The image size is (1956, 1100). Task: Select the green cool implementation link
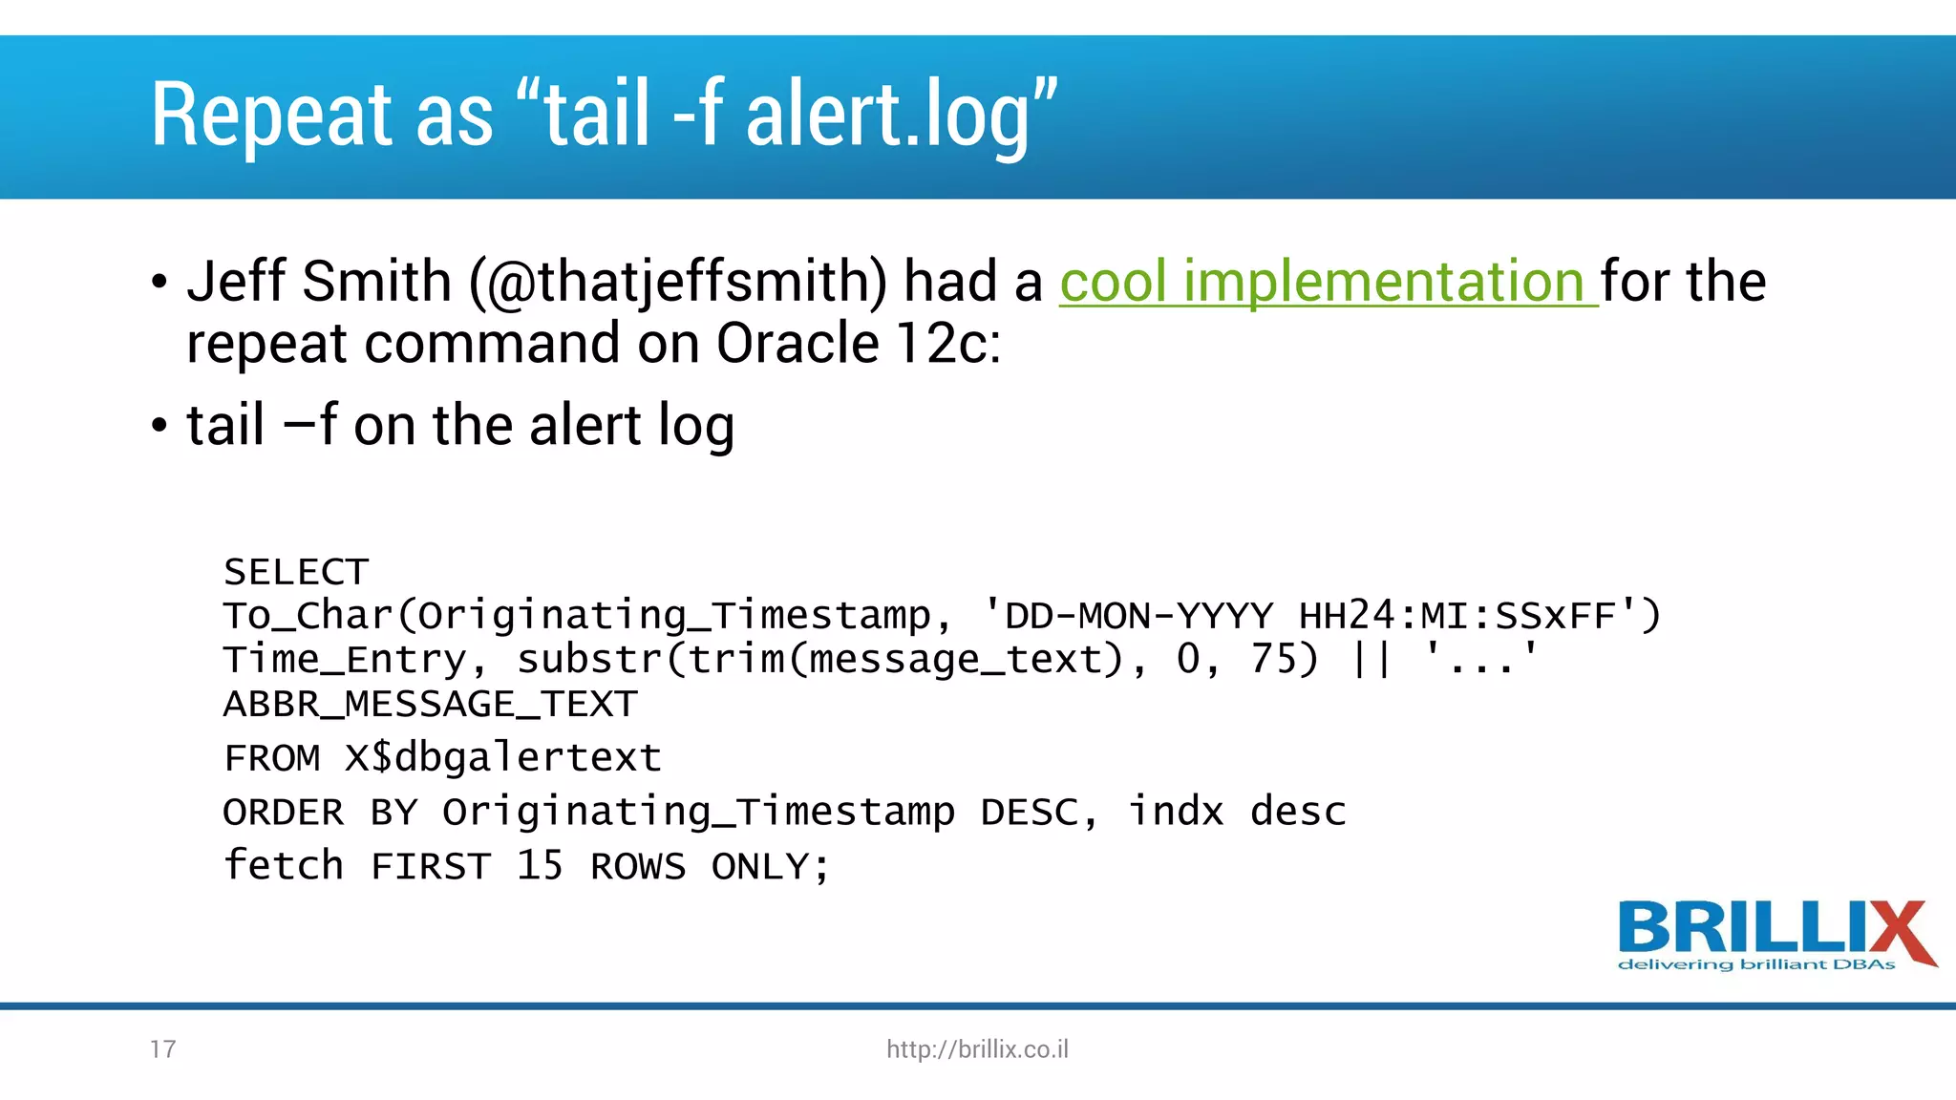tap(1328, 282)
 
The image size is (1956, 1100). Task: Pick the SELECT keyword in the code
tap(296, 572)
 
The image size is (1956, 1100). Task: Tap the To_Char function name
tap(308, 616)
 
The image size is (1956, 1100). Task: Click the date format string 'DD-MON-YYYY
tap(1127, 616)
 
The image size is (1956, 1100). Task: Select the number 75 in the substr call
tap(1272, 659)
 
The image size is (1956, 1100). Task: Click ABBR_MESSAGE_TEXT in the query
tap(430, 705)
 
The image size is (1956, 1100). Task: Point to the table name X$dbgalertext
tap(502, 758)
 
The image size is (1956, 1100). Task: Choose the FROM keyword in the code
tap(272, 758)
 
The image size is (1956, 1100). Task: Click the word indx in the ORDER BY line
tap(1176, 812)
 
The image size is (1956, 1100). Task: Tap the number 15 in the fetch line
tap(540, 865)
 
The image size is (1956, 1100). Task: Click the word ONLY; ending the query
tap(770, 867)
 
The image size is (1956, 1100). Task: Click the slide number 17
tap(162, 1049)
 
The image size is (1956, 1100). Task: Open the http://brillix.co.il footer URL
tap(977, 1049)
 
